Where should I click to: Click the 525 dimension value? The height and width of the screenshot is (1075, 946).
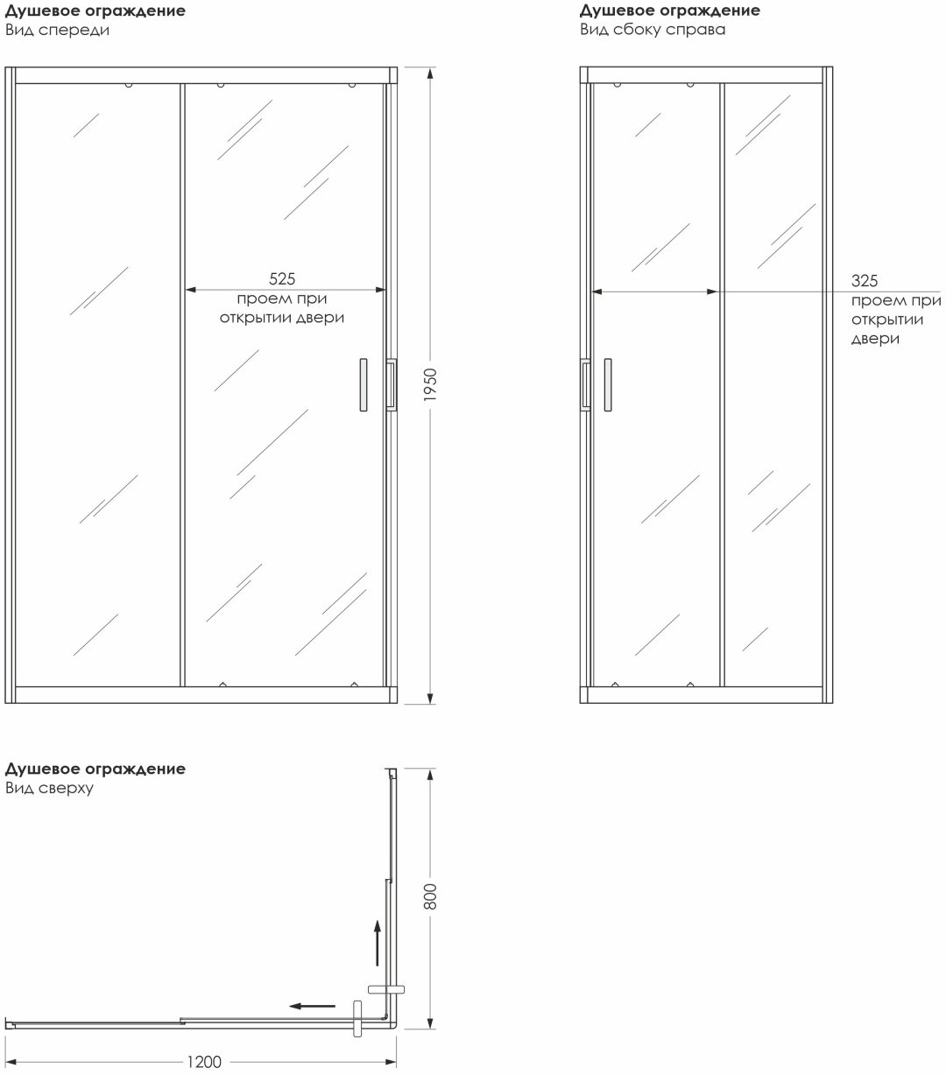pyautogui.click(x=282, y=278)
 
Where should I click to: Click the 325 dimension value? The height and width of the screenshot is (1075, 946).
pyautogui.click(x=865, y=280)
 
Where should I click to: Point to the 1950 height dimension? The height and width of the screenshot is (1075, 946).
pyautogui.click(x=431, y=384)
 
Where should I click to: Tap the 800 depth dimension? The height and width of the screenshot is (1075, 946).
pyautogui.click(x=431, y=896)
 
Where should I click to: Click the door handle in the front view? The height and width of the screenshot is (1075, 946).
pyautogui.click(x=364, y=384)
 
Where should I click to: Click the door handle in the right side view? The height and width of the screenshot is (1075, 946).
pyautogui.click(x=608, y=384)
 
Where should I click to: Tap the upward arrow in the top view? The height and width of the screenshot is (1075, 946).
pyautogui.click(x=377, y=943)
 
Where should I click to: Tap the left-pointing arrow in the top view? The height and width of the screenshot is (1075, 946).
pyautogui.click(x=312, y=1006)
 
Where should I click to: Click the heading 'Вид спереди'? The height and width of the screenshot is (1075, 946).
pyautogui.click(x=57, y=30)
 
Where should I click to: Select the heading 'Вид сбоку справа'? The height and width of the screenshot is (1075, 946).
pyautogui.click(x=653, y=29)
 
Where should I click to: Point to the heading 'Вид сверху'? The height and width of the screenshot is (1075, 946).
pyautogui.click(x=49, y=788)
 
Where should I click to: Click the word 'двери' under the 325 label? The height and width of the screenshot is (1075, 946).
pyautogui.click(x=875, y=339)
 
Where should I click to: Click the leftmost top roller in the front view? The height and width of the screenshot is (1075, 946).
pyautogui.click(x=129, y=84)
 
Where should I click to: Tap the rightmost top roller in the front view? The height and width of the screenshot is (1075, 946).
pyautogui.click(x=352, y=84)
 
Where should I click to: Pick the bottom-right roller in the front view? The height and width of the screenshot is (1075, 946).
pyautogui.click(x=354, y=685)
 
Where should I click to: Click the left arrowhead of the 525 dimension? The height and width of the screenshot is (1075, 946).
pyautogui.click(x=190, y=290)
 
